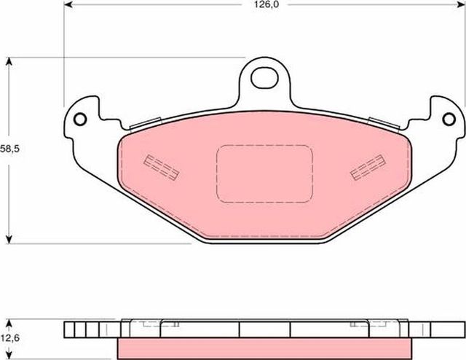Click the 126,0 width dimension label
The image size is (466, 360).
[266, 5]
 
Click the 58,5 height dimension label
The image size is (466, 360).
[9, 149]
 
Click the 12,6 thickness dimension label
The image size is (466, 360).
[9, 338]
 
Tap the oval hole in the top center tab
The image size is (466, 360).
[264, 78]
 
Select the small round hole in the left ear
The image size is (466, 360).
[80, 120]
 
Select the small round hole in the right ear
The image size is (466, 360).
[449, 120]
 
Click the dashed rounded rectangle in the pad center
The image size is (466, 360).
[264, 173]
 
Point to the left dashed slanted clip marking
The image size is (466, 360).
[162, 168]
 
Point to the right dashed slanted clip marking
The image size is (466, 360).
[368, 168]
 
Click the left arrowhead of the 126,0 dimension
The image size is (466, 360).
[68, 4]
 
